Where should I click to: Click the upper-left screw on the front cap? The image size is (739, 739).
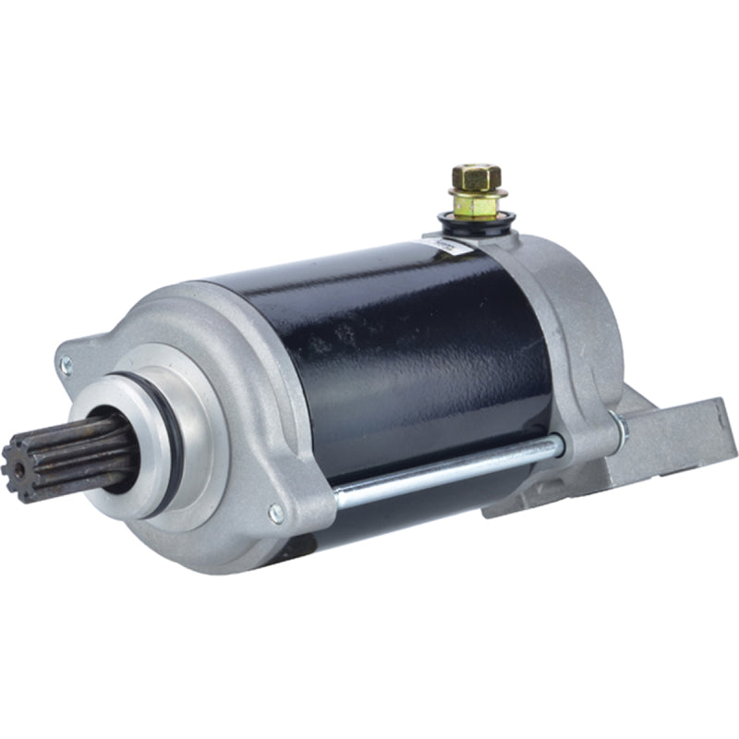[66, 365]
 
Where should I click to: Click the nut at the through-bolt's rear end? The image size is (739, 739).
[617, 426]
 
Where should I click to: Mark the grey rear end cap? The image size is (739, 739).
[563, 314]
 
